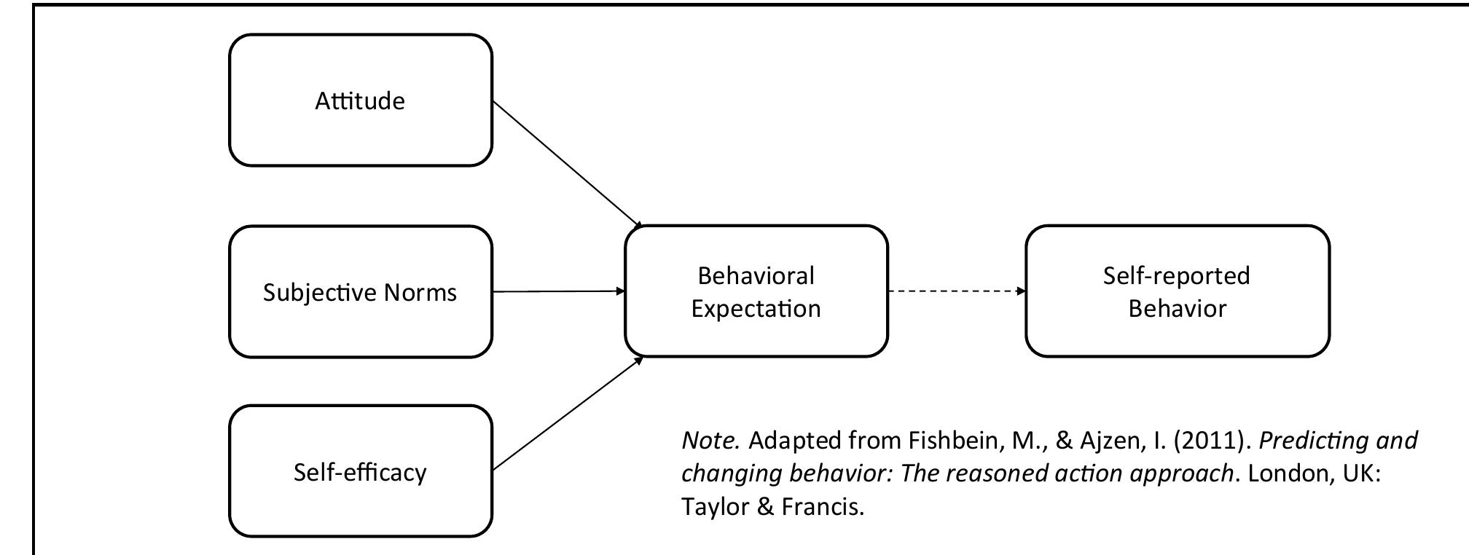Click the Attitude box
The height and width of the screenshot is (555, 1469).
coord(360,101)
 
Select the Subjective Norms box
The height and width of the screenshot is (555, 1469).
coord(360,292)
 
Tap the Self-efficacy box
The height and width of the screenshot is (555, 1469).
coord(360,472)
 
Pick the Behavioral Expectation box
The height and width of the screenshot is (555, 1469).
coord(756,291)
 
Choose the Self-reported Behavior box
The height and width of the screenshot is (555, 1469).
coord(1177,291)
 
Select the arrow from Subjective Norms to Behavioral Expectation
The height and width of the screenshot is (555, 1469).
coord(558,291)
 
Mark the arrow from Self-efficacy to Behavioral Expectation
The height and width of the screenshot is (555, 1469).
coord(566,414)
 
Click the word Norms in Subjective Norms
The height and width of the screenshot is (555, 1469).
coord(420,292)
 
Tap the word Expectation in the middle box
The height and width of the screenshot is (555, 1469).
coord(756,309)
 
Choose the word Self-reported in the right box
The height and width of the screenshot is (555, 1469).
coord(1176,275)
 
